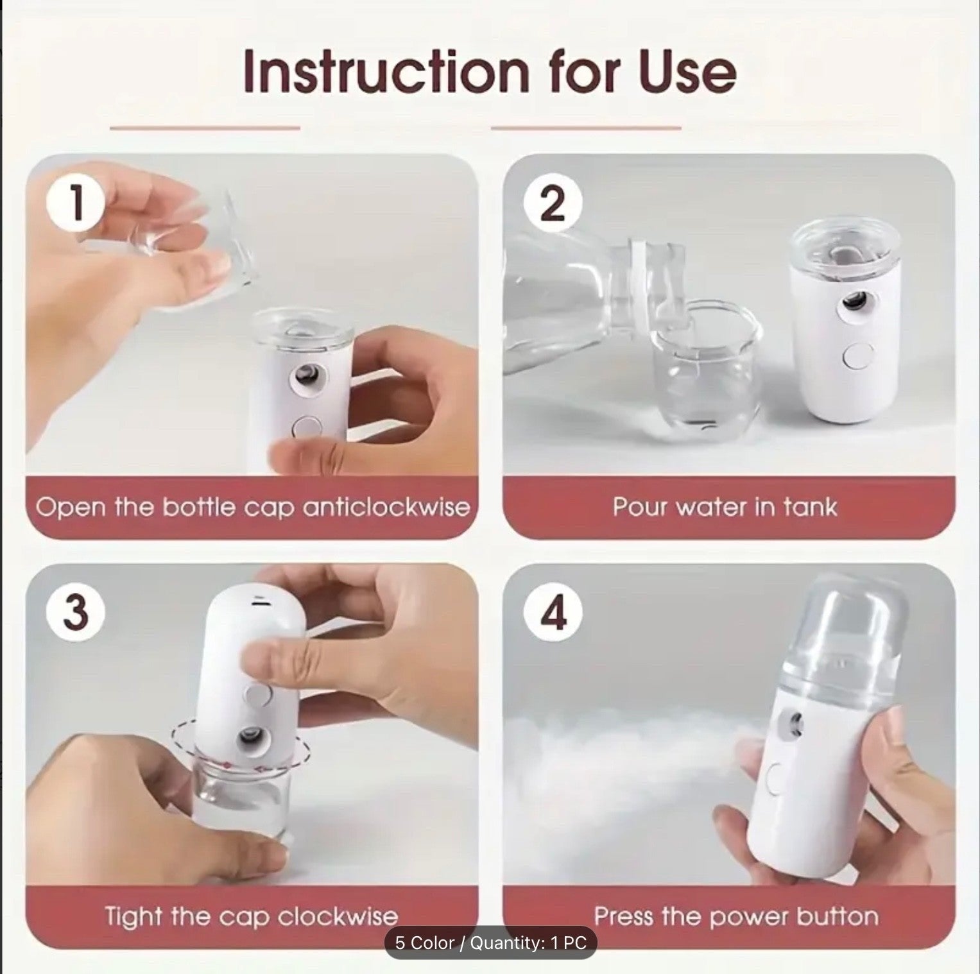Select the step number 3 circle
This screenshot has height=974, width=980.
76,611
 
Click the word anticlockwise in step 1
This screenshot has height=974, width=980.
386,507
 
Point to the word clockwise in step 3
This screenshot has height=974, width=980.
338,916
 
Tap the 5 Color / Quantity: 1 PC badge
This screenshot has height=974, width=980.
490,943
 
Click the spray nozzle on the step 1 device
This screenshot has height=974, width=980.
306,377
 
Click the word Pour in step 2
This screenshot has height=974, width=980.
637,507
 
